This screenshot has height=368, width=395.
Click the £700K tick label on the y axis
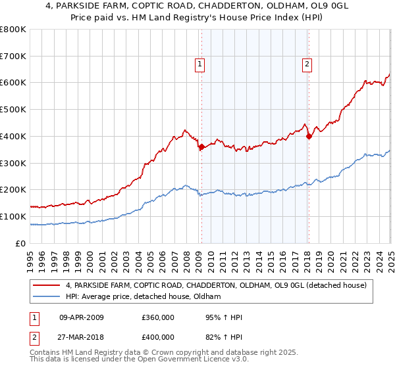pos(13,57)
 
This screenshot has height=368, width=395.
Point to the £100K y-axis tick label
pos(13,217)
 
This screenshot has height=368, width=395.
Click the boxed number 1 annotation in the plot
pos(199,64)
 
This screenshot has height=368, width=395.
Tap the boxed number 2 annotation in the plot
pos(307,64)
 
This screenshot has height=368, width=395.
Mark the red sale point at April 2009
pos(201,147)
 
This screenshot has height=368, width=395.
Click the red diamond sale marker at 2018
pos(309,136)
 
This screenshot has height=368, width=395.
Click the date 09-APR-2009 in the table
pos(82,317)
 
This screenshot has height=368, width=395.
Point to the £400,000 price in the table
pos(157,338)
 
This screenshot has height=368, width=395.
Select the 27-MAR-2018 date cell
pos(82,338)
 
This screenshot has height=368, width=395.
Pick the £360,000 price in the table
pos(157,317)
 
